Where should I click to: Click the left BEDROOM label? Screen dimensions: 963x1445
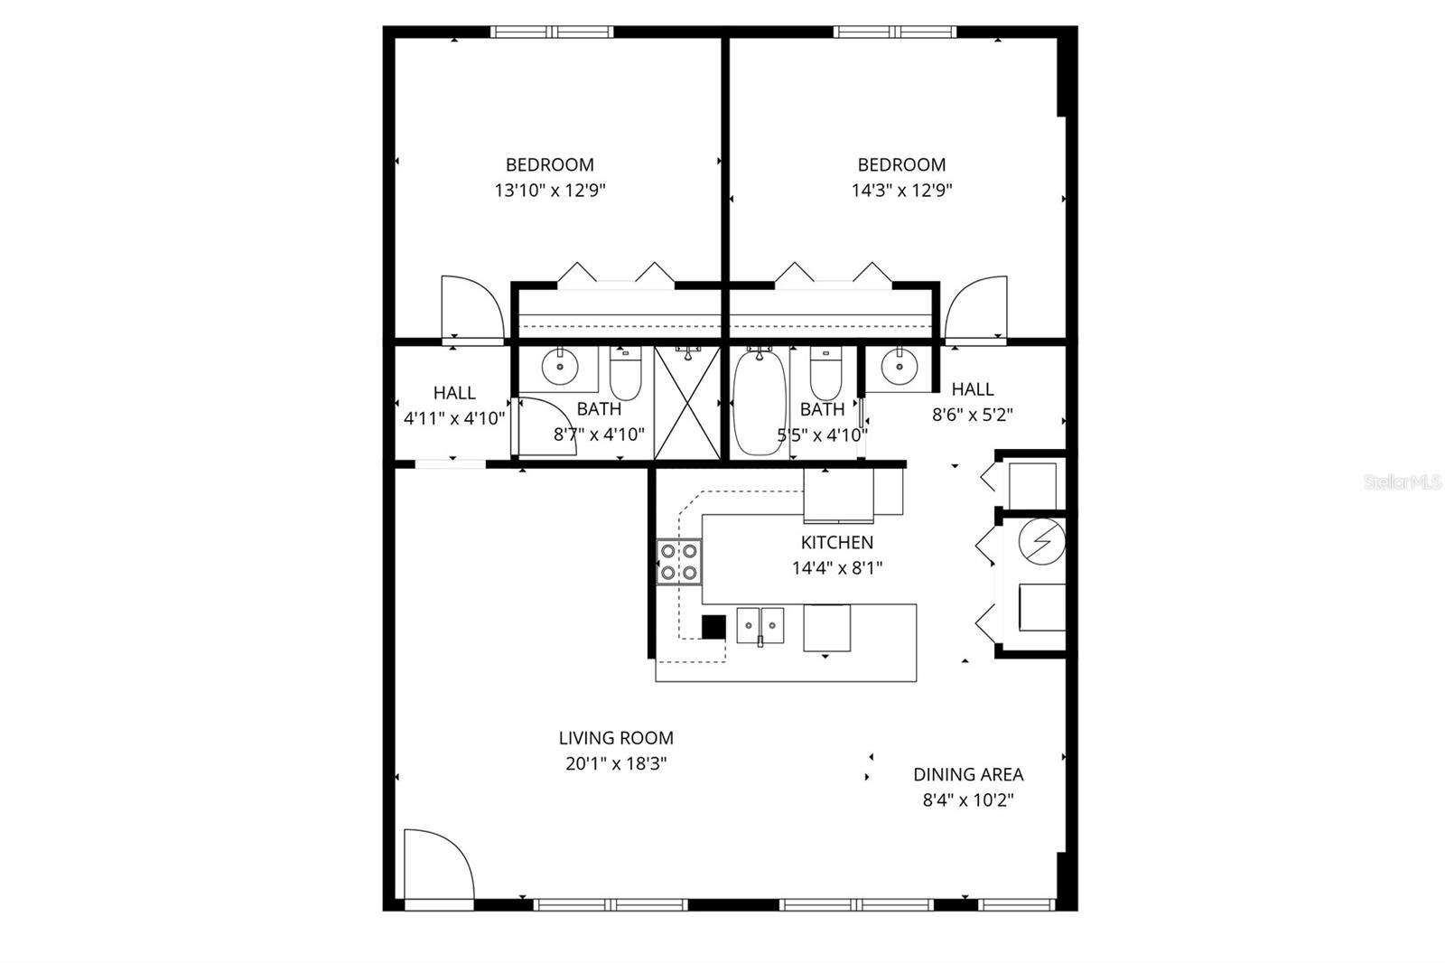[549, 164]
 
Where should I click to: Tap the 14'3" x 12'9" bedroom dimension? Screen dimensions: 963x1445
[901, 191]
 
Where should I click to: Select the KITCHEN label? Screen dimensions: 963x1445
[836, 542]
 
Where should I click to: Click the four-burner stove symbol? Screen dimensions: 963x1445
[679, 561]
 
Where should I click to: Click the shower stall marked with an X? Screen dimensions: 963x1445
[687, 403]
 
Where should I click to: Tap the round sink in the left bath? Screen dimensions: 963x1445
[560, 367]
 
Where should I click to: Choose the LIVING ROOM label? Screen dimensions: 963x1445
[615, 738]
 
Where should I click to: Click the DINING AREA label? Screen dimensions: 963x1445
[968, 774]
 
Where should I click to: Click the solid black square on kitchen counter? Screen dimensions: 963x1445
[713, 626]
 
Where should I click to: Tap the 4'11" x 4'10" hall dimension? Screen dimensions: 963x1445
[453, 418]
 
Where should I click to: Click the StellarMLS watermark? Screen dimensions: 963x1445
[1403, 482]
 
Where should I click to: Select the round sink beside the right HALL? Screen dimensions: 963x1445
[898, 366]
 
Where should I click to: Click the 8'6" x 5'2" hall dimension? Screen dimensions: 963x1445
[972, 415]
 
